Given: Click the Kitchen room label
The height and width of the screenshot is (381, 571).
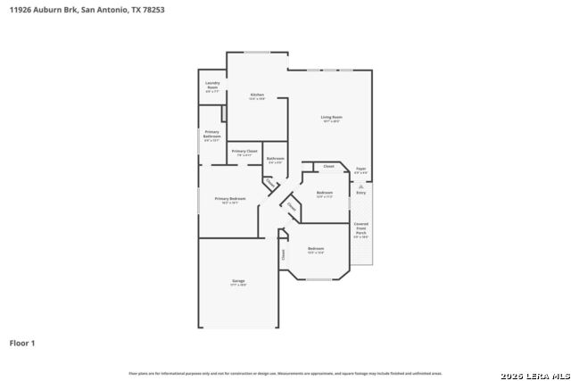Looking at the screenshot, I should tap(257, 95).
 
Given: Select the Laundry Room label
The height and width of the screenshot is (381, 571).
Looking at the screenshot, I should tap(212, 86).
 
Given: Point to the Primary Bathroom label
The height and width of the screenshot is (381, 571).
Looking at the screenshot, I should tap(211, 135).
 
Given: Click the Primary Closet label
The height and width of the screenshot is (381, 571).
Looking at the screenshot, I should tap(244, 153).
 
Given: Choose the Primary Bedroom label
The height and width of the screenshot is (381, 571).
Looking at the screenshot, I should tap(229, 199).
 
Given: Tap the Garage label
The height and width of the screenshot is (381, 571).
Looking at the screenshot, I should tap(239, 282).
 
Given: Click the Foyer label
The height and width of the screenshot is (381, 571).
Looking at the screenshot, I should tap(360, 170).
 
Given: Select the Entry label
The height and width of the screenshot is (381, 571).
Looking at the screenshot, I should tap(360, 193).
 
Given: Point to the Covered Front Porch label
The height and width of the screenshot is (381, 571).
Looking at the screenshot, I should tap(360, 230).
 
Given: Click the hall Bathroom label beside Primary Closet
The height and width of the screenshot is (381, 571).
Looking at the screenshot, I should tap(275, 159).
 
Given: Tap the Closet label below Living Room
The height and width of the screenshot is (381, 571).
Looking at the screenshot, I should tap(328, 167).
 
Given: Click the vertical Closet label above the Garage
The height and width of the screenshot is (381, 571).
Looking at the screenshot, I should tap(283, 253).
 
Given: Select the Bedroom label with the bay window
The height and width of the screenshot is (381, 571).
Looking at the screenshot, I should tap(315, 249).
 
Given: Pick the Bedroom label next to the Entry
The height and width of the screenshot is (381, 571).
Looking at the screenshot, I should tap(325, 194).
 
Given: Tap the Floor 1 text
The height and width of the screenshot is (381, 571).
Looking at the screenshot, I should tap(22, 343).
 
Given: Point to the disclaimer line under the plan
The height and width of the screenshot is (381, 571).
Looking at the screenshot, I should tap(285, 373).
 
